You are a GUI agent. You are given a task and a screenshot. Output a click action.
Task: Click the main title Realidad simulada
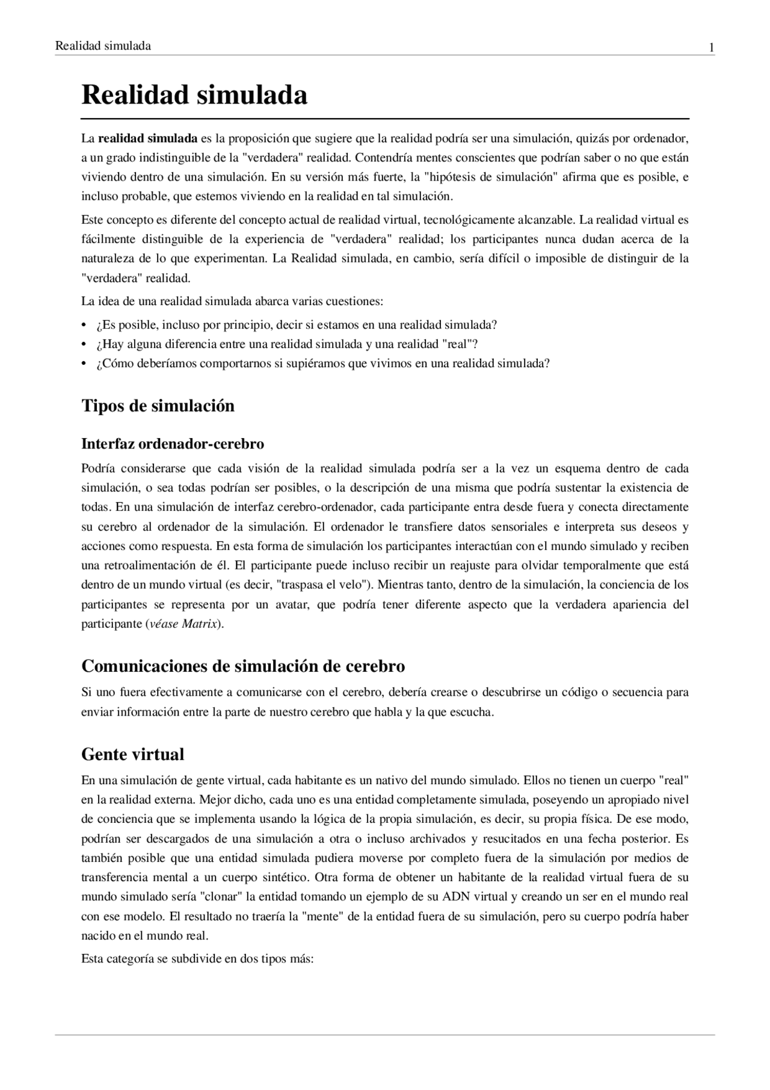pos(194,95)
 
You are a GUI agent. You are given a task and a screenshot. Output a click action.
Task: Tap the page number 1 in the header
pos(712,48)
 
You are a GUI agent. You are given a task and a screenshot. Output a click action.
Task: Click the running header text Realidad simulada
pos(103,46)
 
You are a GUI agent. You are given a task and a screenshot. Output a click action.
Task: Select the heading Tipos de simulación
pos(158,406)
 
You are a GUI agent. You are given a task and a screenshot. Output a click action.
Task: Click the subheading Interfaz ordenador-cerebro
pos(173,444)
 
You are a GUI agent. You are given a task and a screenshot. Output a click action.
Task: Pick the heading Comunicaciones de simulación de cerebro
pos(243,666)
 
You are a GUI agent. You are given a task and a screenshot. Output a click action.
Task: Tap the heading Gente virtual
pos(132,754)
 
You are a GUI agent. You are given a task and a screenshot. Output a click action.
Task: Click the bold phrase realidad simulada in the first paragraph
pos(147,138)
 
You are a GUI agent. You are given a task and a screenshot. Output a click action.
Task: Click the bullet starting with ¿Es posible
pos(296,325)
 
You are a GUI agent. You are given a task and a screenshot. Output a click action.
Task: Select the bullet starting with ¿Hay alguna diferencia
pos(286,344)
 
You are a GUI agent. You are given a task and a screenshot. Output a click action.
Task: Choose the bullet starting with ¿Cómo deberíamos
pos(322,364)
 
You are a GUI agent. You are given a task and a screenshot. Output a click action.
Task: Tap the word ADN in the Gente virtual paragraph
pos(457,896)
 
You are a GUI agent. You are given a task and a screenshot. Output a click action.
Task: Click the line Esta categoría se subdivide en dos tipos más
pos(197,959)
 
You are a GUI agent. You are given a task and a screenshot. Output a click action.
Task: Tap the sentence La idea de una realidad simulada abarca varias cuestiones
pos(232,301)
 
